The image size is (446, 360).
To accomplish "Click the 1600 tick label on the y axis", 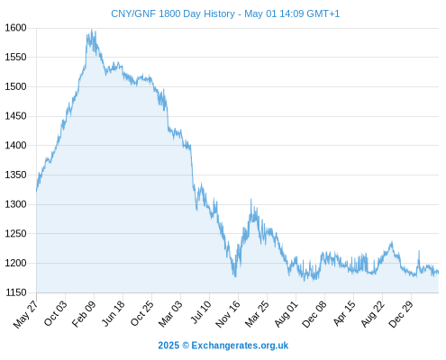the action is coord(15,28).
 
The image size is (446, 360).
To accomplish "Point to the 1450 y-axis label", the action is coord(15,116).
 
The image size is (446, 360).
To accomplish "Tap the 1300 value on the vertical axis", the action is coord(15,204).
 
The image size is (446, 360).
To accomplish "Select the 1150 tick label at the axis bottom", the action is coord(15,292).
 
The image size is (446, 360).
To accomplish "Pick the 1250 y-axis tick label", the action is coord(15,234).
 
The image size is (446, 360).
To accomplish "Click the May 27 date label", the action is coord(26,314).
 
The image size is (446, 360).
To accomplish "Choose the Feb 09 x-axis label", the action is coord(84,313).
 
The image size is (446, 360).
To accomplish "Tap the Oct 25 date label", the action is coord(142,313).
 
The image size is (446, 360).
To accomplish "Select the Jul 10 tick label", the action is coord(201,312).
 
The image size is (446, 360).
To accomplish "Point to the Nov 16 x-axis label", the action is coord(228,314).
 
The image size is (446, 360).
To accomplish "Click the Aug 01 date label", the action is coord(287,314).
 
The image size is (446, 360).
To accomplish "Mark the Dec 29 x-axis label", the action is coord(401,314).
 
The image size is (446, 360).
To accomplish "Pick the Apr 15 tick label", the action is coord(344,313).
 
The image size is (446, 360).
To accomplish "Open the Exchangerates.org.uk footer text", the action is coord(240,346).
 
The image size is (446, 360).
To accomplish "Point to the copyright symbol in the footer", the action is coord(186,346).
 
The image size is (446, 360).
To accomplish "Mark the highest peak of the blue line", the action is coord(92,30).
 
